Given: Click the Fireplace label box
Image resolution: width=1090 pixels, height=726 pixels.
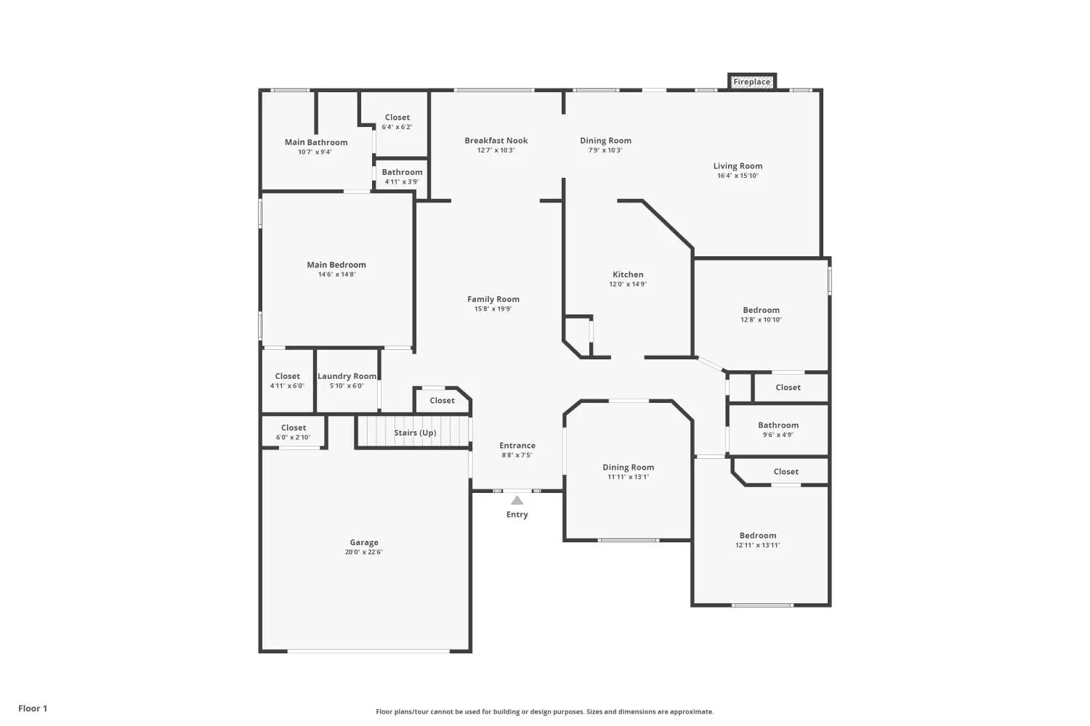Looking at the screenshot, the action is [752, 82].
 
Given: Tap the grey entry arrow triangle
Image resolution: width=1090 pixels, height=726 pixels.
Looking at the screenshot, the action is [517, 500].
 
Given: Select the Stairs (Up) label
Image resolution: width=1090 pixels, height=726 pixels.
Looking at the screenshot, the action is [415, 433].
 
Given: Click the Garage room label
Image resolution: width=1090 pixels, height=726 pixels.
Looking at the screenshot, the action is [364, 542].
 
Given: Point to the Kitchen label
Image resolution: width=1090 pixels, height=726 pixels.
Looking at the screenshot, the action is [628, 274].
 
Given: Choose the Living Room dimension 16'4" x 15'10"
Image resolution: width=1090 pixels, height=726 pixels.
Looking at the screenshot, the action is [738, 176].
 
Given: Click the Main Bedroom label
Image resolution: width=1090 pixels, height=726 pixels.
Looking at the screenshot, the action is [336, 264].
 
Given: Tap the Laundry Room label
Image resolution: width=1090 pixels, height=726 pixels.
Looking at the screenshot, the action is [347, 376].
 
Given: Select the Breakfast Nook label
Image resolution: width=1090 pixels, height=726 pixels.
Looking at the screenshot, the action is [496, 141].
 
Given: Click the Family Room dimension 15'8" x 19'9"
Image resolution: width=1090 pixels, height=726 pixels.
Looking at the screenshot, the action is [493, 309].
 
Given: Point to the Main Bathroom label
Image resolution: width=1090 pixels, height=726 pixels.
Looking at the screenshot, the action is [316, 142].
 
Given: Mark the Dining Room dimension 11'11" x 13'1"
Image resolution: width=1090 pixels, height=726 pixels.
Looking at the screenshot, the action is [629, 477].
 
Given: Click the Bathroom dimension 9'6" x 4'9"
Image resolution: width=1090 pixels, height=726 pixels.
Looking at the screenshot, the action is [778, 435].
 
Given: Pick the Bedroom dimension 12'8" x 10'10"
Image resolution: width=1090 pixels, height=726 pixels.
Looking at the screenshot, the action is [761, 319].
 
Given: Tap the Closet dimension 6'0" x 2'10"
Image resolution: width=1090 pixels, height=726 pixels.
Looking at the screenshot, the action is [294, 437].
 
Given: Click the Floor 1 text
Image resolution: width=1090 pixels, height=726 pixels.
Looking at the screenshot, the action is [33, 709].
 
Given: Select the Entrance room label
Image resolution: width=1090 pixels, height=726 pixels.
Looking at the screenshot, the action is [517, 446].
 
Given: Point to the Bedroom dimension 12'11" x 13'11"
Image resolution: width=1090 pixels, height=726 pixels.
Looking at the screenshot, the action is [758, 545].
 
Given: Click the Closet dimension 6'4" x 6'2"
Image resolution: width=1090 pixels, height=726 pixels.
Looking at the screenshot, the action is [397, 127].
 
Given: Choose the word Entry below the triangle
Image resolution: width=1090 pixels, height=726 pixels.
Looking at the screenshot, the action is [517, 515].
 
